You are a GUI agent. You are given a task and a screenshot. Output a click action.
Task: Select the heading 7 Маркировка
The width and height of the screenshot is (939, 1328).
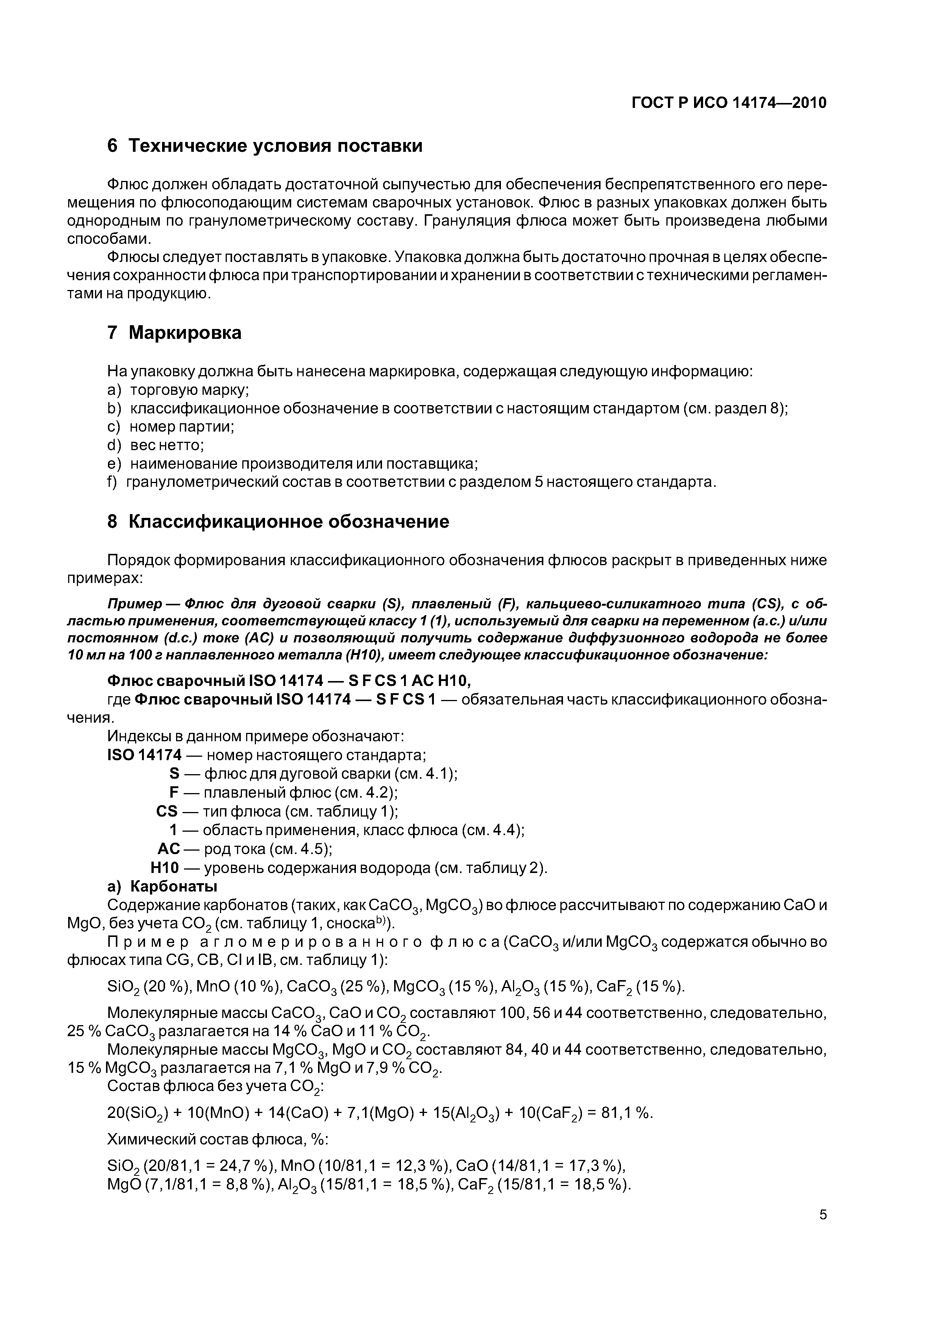174,333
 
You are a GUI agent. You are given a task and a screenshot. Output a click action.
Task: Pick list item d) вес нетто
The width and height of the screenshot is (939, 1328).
156,445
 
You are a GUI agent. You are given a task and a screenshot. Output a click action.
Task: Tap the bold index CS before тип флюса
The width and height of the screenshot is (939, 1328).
167,812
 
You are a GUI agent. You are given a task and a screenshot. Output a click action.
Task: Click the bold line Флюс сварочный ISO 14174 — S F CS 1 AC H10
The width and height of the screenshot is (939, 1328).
293,681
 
